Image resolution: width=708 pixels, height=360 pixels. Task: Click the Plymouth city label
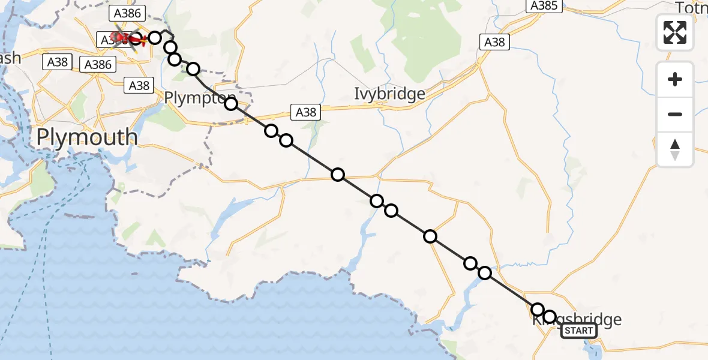coord(86,137)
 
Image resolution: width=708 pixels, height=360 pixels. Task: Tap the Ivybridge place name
coord(389,94)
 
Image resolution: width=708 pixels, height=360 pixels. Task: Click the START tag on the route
coord(578,331)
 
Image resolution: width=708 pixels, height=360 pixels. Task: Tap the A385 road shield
coord(545,6)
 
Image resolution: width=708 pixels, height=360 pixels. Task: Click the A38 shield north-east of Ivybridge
coord(494,42)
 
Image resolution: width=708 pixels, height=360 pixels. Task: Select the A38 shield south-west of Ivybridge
coord(305,112)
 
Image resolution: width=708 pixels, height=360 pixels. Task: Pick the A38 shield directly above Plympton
coord(139,86)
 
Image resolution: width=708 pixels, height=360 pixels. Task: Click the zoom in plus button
coord(675,80)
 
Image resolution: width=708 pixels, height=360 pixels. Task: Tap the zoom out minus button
coord(675,114)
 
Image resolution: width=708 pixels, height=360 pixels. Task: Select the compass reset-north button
coord(675,149)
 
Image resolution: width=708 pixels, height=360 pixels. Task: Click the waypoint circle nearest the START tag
coord(549,316)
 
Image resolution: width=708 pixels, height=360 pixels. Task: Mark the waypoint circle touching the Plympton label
coord(231,104)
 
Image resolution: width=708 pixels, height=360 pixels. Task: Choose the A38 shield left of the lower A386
coord(58,61)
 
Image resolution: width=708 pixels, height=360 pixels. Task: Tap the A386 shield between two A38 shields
coord(98,64)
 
